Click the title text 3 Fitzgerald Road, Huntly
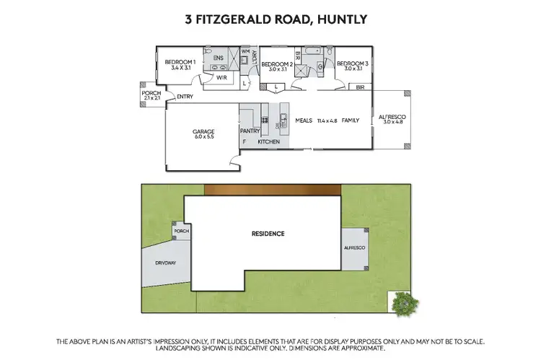click(x=270, y=19)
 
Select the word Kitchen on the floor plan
click(x=269, y=142)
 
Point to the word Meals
click(x=304, y=120)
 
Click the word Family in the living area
click(x=351, y=120)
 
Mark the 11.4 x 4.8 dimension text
click(x=327, y=120)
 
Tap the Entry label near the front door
click(x=186, y=96)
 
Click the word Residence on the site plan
click(x=268, y=234)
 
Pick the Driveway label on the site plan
click(x=165, y=263)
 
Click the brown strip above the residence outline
click(x=272, y=189)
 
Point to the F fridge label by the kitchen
click(x=245, y=142)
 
